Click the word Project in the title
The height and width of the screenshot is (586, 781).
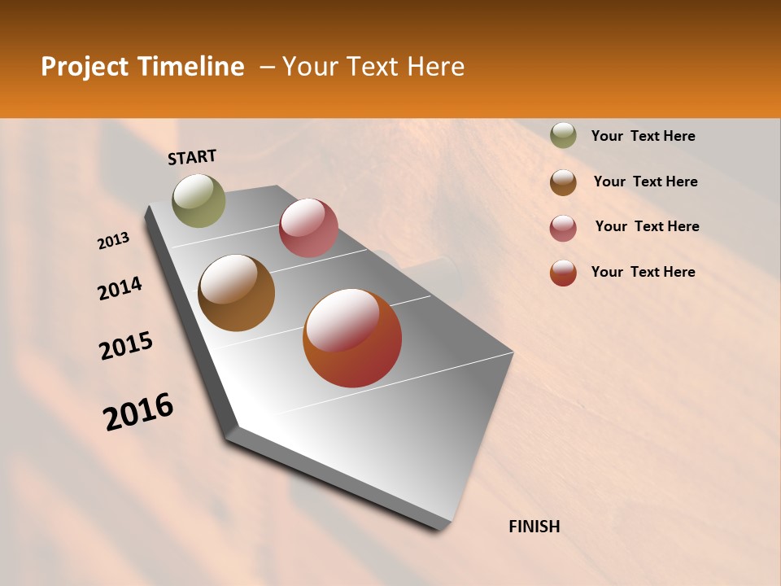click(85, 67)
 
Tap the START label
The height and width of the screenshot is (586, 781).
click(192, 157)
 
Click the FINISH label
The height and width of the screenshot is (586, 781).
click(534, 527)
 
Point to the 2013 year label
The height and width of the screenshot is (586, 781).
click(114, 241)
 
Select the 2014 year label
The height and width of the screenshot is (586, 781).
click(120, 288)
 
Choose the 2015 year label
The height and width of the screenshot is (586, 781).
click(126, 346)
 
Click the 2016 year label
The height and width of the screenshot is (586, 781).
click(138, 412)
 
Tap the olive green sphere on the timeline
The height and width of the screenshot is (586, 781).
click(199, 200)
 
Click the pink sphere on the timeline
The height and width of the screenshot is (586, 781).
click(308, 228)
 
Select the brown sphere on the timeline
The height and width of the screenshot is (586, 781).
click(237, 293)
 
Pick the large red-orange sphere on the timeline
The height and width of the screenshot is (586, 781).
click(352, 338)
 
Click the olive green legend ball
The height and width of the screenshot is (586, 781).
click(563, 135)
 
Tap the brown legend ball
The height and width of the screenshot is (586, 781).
click(563, 182)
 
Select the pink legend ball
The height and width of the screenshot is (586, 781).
click(563, 228)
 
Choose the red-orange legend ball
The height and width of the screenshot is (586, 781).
click(563, 273)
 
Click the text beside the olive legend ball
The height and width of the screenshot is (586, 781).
click(644, 137)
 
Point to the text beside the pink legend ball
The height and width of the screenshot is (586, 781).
click(647, 226)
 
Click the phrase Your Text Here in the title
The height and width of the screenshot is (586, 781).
click(373, 67)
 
